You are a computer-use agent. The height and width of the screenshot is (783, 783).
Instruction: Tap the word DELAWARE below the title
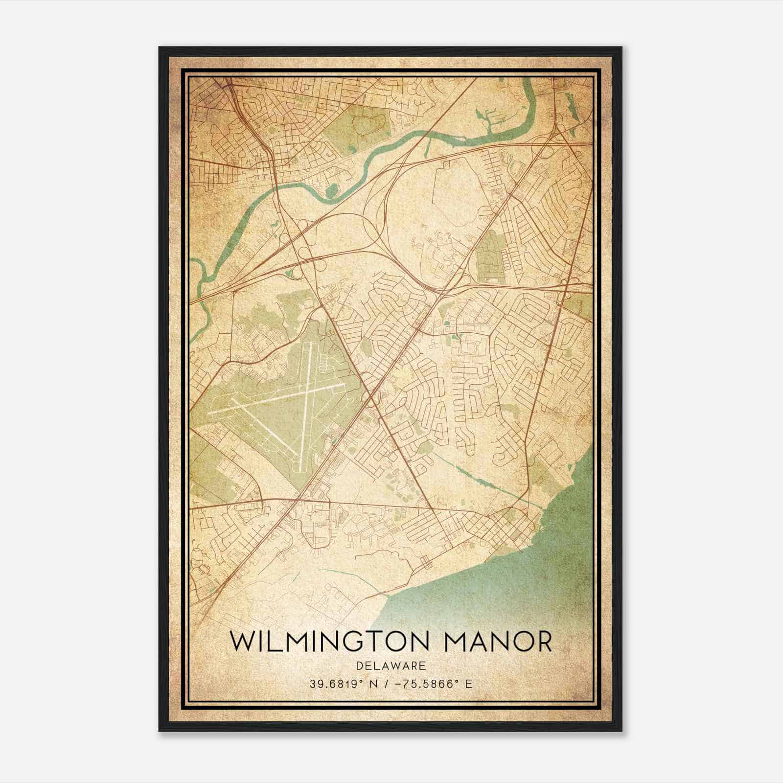coord(391,666)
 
